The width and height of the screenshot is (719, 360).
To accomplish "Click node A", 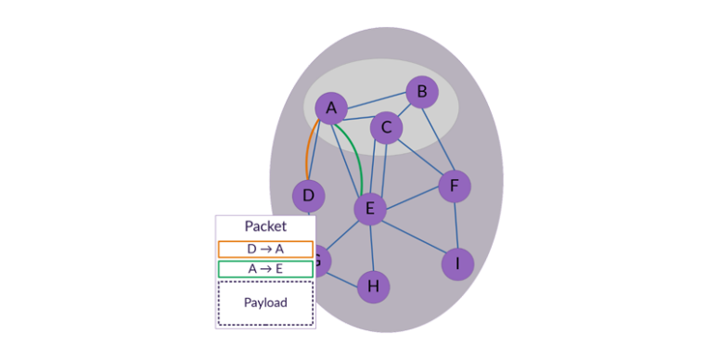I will tap(331, 108).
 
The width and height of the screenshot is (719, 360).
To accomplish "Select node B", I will tap(421, 92).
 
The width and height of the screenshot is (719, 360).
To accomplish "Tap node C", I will tap(387, 127).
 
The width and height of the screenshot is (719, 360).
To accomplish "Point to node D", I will tap(308, 196).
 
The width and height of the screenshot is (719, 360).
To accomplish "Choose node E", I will tap(369, 209).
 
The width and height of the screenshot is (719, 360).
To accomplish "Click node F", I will tap(454, 186).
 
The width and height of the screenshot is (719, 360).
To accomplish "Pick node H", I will tap(373, 287).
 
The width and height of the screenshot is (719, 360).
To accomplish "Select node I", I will tap(456, 264).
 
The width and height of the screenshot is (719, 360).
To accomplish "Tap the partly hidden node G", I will tap(320, 261).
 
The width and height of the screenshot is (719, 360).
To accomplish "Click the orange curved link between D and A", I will tap(307, 148).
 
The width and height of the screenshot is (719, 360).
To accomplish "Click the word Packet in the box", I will tap(265, 226).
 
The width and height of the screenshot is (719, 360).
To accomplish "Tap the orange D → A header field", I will tap(265, 249).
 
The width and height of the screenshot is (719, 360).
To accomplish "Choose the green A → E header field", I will tap(265, 269).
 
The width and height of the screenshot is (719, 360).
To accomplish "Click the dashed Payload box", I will tap(265, 303).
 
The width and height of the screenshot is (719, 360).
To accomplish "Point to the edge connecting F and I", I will tap(456, 225).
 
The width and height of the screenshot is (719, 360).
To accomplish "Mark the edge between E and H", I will tap(371, 248).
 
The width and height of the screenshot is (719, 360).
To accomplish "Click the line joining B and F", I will tap(437, 139).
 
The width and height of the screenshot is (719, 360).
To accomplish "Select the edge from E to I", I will tap(413, 236).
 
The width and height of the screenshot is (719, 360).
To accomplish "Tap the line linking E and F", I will tap(412, 198).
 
